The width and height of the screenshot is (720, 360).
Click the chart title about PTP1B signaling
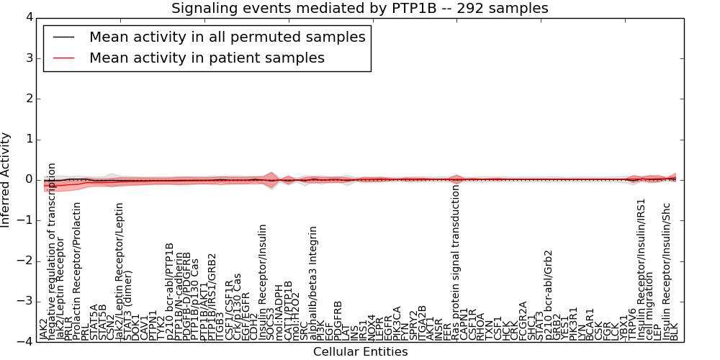click(x=359, y=8)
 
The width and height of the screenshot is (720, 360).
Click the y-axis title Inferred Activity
click(x=6, y=179)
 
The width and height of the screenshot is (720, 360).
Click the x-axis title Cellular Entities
click(x=360, y=352)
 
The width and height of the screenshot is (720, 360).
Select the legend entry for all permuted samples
click(x=227, y=37)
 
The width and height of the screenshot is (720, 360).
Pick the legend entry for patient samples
click(x=207, y=58)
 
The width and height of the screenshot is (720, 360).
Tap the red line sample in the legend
click(x=65, y=58)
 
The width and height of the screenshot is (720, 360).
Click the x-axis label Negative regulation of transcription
click(x=52, y=251)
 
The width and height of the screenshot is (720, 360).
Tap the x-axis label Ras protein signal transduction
click(x=456, y=262)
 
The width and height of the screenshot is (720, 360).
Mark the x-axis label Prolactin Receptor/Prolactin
click(x=77, y=271)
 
